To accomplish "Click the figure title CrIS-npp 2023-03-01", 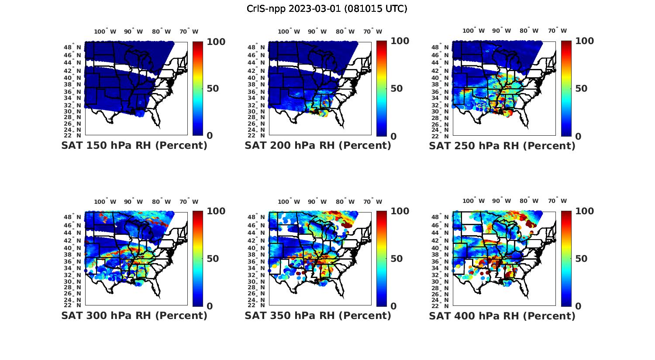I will pyautogui.click(x=327, y=9).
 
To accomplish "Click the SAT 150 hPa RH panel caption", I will pyautogui.click(x=134, y=146).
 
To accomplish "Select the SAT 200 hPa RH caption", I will pyautogui.click(x=318, y=146).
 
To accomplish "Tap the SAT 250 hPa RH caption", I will pyautogui.click(x=502, y=146).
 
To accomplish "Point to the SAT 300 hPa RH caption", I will pyautogui.click(x=134, y=315).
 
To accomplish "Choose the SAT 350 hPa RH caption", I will pyautogui.click(x=318, y=315).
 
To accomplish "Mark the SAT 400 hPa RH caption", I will pyautogui.click(x=502, y=315).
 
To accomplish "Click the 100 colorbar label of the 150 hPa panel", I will pyautogui.click(x=216, y=41).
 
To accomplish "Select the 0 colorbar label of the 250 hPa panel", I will pyautogui.click(x=578, y=136).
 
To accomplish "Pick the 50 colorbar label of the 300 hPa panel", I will pyautogui.click(x=213, y=259).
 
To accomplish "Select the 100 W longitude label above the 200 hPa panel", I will pyautogui.click(x=289, y=31).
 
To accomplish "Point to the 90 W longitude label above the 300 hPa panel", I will pyautogui.click(x=133, y=202).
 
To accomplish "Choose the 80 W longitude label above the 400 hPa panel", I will pyautogui.click(x=529, y=201).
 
